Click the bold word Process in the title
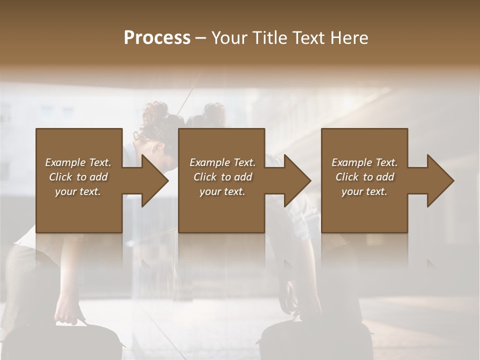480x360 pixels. [157, 38]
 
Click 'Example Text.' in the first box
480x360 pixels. [78, 162]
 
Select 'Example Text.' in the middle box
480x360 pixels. [222, 162]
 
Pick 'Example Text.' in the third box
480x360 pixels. [364, 162]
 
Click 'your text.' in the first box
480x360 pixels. [78, 191]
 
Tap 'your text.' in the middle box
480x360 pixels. [222, 191]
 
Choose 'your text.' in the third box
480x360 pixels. [364, 191]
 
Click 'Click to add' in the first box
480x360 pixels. [78, 177]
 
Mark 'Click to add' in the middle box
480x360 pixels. [222, 177]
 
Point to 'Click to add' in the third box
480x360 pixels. [364, 177]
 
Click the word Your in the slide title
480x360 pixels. [228, 38]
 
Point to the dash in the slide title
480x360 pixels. [201, 38]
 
